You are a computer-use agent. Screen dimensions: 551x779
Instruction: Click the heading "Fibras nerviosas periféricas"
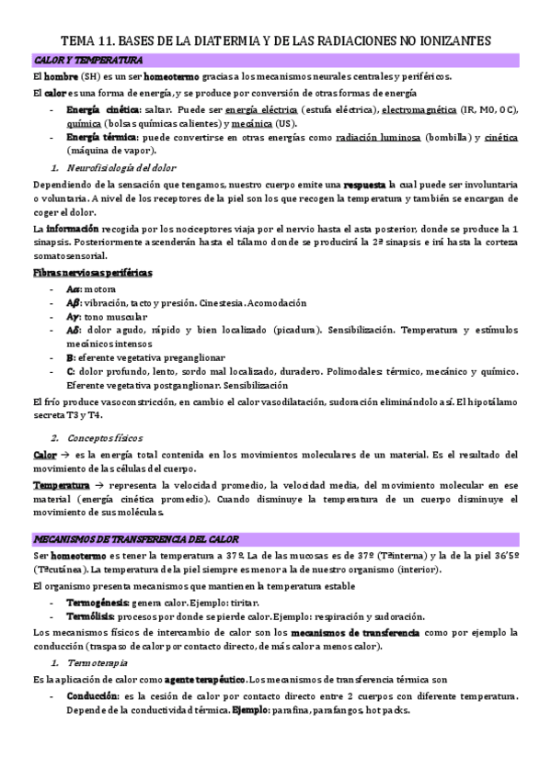point(92,273)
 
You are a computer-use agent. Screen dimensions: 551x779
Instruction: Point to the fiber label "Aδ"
point(74,329)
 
